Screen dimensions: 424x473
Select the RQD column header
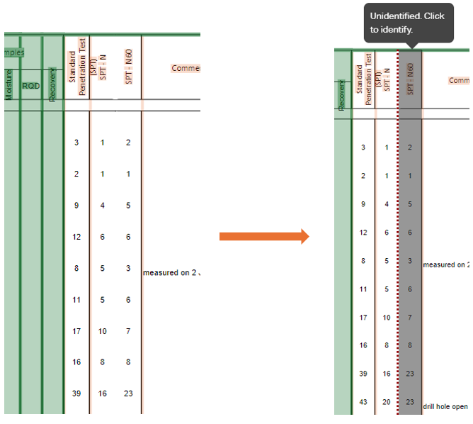point(30,86)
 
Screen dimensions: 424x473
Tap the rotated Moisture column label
point(9,84)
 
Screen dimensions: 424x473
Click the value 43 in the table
point(363,402)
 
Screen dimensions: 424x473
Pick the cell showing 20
point(386,402)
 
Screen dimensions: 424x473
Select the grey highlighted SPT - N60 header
point(410,79)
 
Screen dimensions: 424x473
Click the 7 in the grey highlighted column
point(410,317)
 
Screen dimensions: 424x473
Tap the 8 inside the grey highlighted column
point(410,345)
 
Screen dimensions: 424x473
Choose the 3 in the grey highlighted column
point(410,260)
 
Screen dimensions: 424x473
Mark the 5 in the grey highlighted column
point(410,203)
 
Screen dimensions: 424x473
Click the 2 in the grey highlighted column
point(410,147)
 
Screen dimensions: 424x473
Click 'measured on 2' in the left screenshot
point(171,272)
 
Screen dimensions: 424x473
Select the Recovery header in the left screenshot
point(52,84)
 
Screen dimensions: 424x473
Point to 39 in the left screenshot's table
point(76,394)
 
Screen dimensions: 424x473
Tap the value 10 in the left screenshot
point(103,331)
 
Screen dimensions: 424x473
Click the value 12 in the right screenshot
point(363,232)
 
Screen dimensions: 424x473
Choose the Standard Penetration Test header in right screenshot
point(364,79)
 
